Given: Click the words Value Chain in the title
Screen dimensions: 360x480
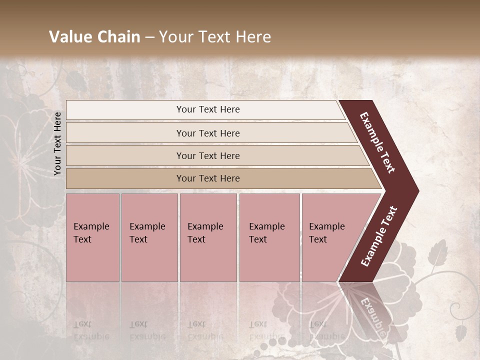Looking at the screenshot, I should [x=94, y=37].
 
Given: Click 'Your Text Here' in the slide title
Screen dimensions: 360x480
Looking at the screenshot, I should [x=215, y=37].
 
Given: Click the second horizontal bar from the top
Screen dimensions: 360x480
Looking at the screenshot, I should [x=208, y=133].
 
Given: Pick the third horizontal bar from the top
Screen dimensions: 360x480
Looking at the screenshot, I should [x=208, y=155].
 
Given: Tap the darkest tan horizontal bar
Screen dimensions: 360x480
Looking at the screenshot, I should [x=208, y=178].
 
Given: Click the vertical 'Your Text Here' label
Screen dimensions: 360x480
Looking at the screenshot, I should [x=57, y=143].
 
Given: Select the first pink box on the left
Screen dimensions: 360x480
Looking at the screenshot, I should [x=92, y=237].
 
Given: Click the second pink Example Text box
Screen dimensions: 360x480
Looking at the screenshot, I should [x=149, y=237].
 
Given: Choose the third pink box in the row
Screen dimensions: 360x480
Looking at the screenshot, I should [x=208, y=237].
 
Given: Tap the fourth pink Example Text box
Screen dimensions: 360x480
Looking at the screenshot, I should [x=269, y=237].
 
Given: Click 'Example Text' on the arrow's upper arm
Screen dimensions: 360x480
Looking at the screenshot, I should [x=377, y=142].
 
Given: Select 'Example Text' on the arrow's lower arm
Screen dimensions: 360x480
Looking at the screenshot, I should [x=378, y=236].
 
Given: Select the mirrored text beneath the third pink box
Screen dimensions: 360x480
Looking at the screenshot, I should [x=205, y=330].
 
